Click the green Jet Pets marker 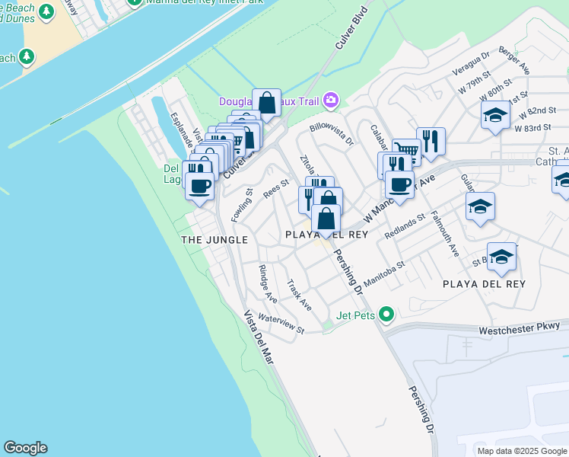387,314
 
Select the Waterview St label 281,324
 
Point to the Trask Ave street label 299,295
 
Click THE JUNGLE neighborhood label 215,240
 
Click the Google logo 25,448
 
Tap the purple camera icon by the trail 330,100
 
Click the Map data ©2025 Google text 521,451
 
